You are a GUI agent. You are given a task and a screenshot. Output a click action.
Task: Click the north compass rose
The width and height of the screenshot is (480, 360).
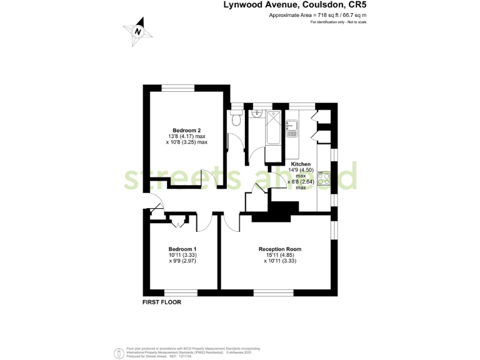(139, 32)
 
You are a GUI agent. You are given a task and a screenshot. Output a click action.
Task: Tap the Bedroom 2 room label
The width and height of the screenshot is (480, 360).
(186, 130)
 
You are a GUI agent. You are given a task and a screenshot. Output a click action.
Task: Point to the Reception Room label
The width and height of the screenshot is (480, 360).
(280, 249)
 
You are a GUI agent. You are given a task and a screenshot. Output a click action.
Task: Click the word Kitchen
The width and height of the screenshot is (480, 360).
(301, 164)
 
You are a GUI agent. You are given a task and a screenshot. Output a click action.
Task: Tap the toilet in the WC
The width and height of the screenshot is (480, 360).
(236, 119)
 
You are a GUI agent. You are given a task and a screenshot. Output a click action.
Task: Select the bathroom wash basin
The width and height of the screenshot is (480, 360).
(257, 114)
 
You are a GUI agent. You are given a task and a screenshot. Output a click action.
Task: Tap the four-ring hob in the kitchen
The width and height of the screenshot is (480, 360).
(324, 179)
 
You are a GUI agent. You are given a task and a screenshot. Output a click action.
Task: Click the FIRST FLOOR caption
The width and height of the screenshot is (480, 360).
(162, 302)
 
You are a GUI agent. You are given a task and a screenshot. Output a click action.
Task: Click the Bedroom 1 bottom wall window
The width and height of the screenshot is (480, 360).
(181, 293)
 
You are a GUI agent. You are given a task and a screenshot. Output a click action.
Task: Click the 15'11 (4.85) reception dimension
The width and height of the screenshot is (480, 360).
(280, 255)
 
